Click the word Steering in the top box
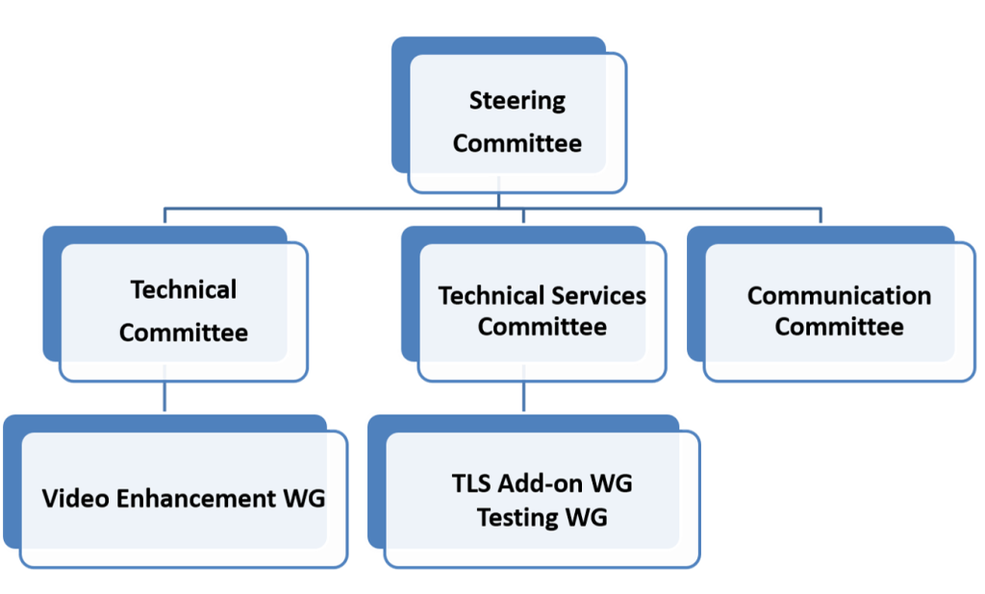coord(517,101)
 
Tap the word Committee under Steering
coord(517,143)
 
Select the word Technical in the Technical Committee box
coord(184,289)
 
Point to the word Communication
coord(839,296)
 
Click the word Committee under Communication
coord(839,327)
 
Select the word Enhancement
coord(196,498)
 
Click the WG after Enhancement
coord(304,498)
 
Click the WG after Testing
coord(587,517)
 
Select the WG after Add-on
coord(611,483)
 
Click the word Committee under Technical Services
coord(543,327)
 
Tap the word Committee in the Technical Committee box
coord(184,333)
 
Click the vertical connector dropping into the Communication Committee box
coord(821,215)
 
